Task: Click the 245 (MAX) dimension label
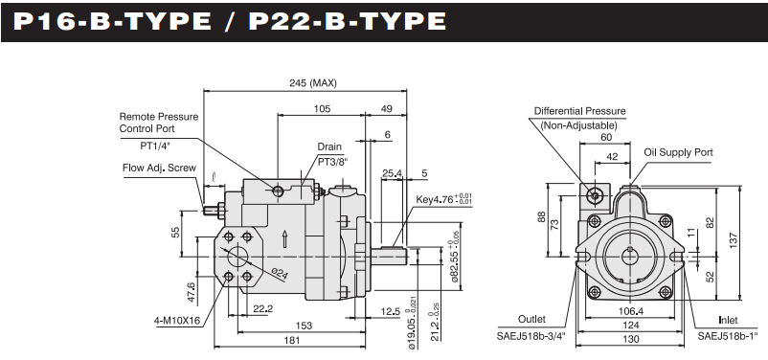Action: click(312, 83)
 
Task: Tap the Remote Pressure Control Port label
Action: click(159, 123)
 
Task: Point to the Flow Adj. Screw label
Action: click(159, 168)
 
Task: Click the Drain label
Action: click(329, 146)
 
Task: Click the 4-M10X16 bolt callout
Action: click(177, 322)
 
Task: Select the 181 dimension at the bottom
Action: click(291, 341)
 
